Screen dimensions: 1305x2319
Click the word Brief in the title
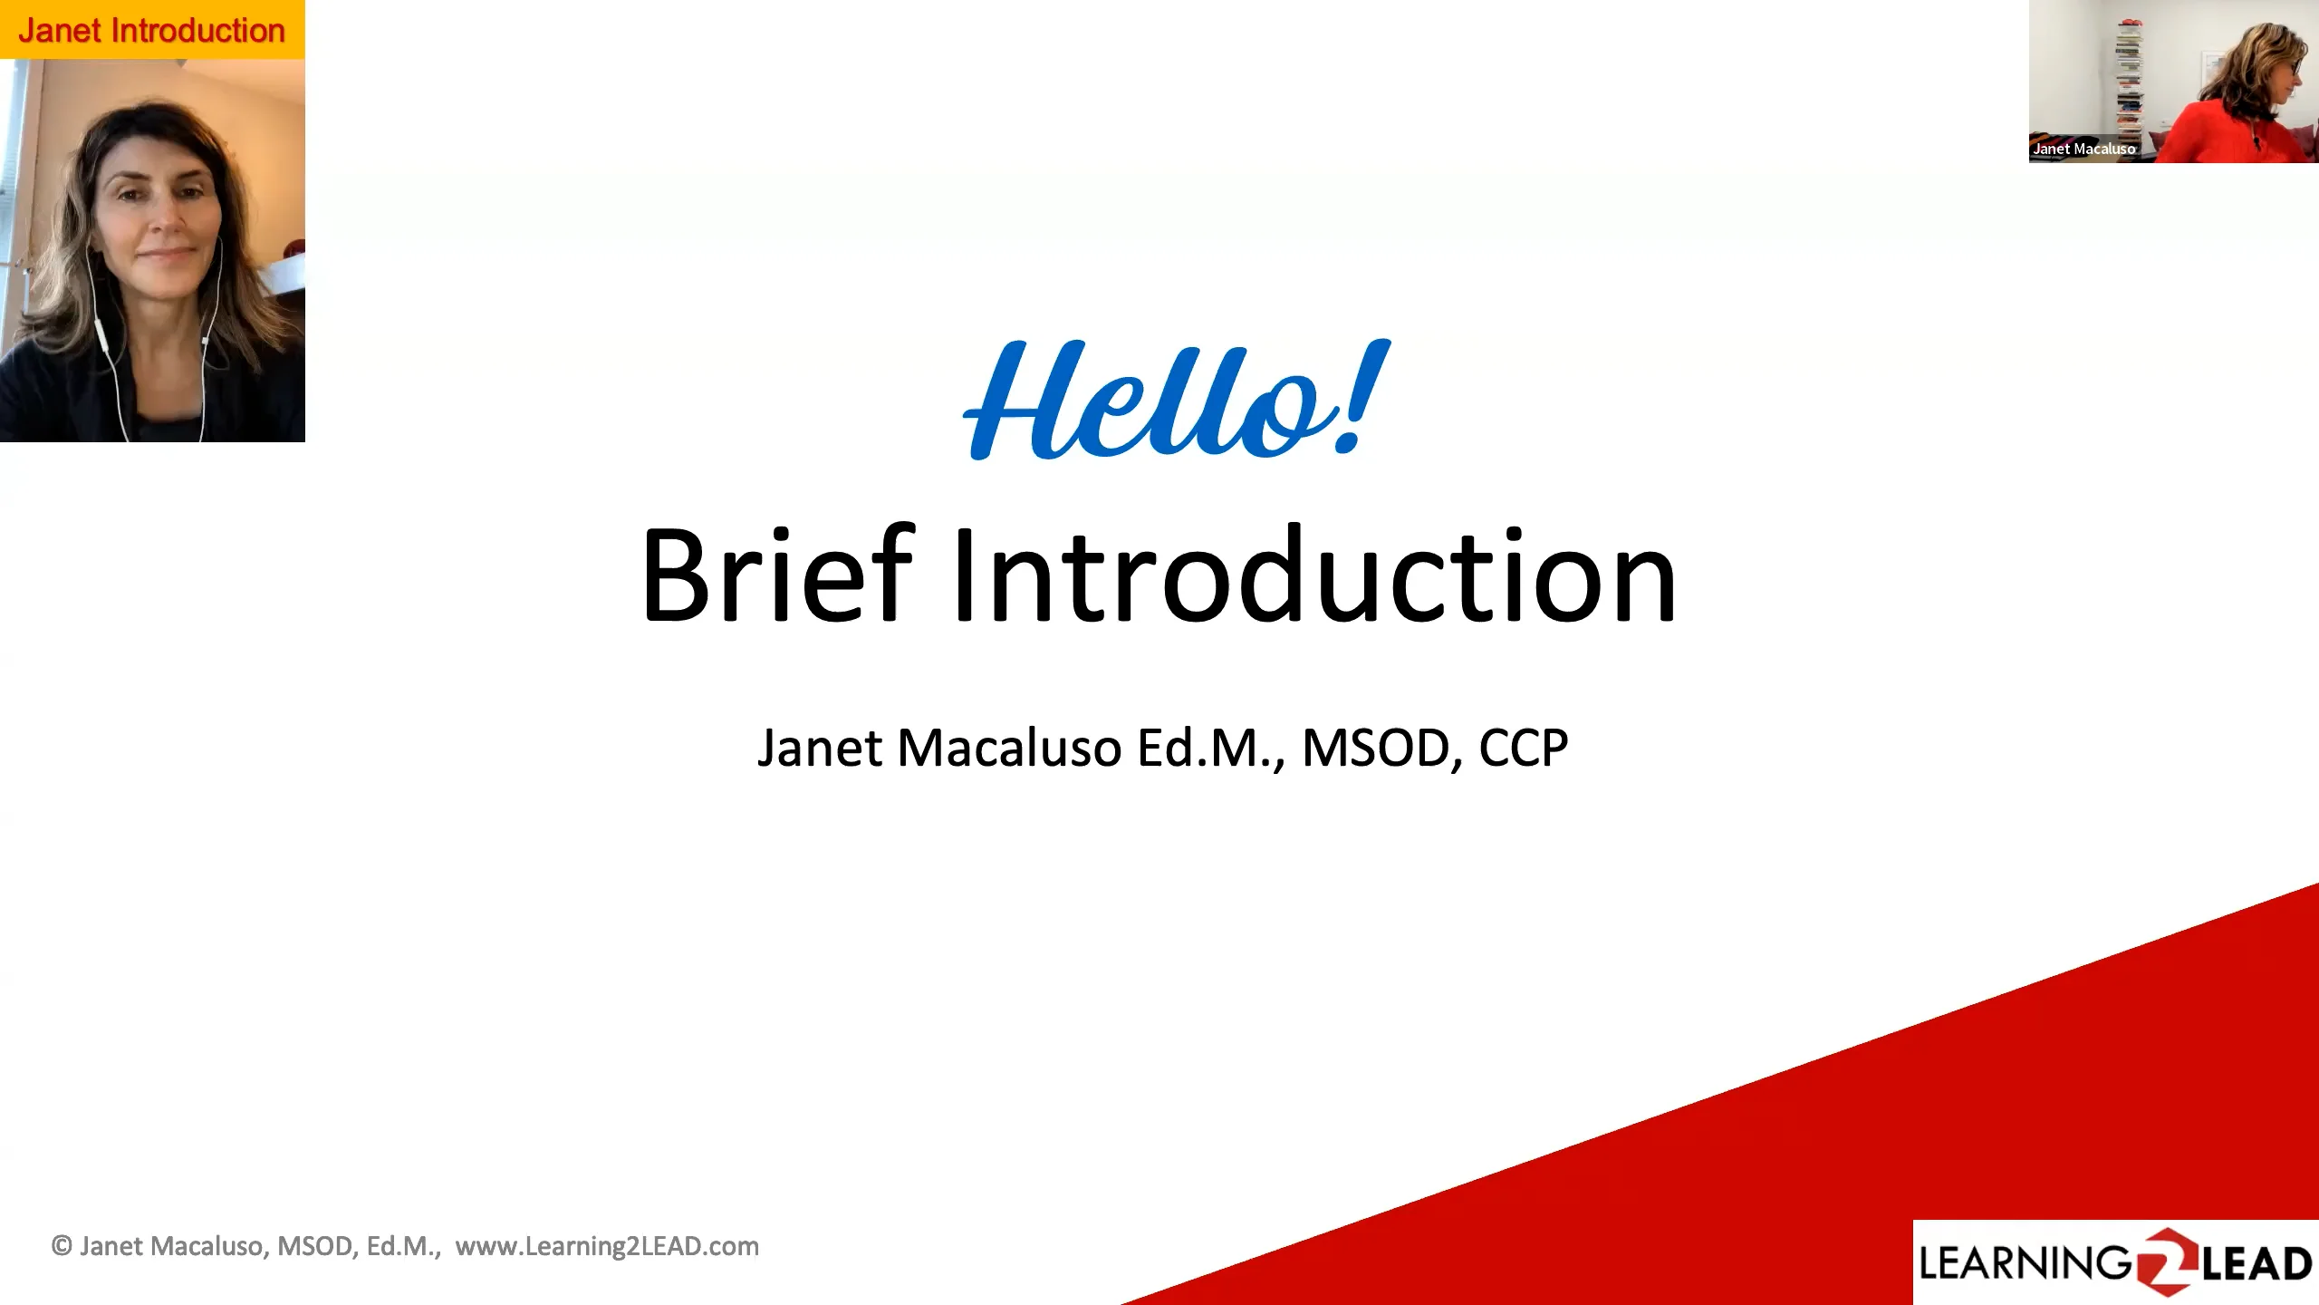click(776, 575)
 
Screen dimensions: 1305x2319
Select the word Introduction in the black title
click(1313, 575)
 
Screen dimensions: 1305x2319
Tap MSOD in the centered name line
click(1375, 749)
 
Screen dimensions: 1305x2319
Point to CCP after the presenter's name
click(1523, 749)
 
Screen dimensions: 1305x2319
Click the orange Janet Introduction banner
click(151, 30)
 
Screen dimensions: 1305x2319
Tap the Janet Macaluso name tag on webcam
click(2083, 149)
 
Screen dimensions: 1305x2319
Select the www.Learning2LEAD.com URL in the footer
click(607, 1246)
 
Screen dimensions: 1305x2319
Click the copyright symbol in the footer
click(62, 1246)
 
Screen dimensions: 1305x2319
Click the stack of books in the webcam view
click(2129, 82)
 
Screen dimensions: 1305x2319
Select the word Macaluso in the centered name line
click(1009, 749)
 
